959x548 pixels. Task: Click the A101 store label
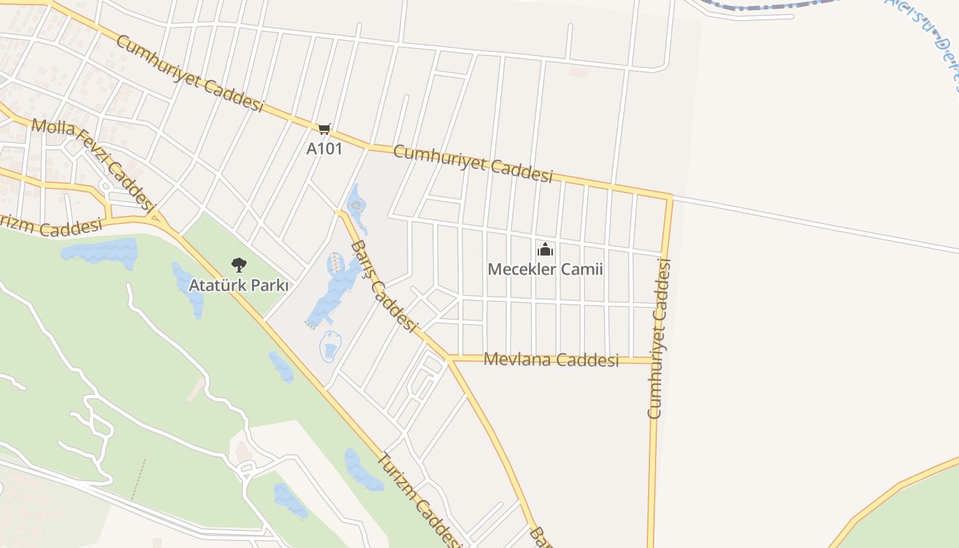point(324,149)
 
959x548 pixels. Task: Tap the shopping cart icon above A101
point(325,129)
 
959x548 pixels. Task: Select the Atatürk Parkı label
point(238,286)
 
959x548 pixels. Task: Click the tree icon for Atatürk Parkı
point(238,265)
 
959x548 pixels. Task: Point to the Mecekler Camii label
point(545,269)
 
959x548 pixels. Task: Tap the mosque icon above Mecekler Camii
point(545,249)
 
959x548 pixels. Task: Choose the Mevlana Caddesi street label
point(551,360)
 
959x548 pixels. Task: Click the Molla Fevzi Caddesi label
point(92,162)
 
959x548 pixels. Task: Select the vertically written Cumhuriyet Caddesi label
point(657,338)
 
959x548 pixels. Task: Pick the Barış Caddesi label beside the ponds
point(384,287)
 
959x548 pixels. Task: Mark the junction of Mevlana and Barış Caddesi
point(449,358)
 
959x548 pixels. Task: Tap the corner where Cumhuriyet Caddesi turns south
point(670,197)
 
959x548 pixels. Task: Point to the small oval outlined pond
point(331,347)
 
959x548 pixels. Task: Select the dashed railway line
point(767,8)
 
